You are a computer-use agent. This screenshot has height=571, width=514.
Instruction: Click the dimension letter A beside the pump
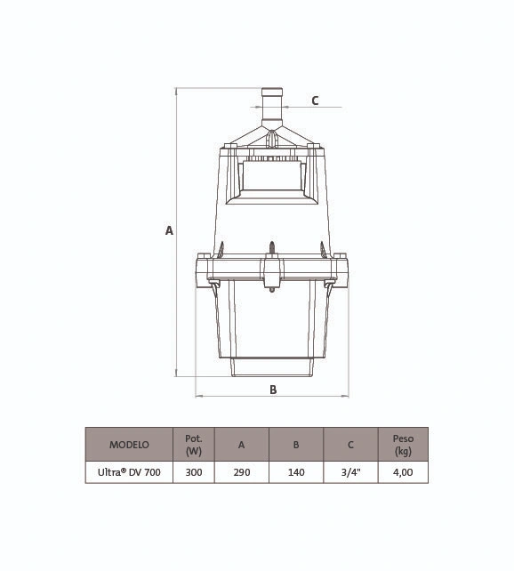[x=169, y=231]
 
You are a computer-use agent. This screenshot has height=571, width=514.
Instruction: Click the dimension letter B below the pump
[x=273, y=390]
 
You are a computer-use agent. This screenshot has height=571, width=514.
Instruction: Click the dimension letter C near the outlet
[x=315, y=101]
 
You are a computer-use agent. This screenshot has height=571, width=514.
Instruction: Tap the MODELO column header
[x=129, y=445]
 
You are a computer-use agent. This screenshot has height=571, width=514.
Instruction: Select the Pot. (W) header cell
[x=194, y=445]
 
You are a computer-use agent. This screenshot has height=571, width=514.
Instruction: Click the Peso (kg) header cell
[x=404, y=445]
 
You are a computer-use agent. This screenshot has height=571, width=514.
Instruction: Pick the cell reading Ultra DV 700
[x=129, y=472]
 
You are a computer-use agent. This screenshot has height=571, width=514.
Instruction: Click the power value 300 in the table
[x=194, y=472]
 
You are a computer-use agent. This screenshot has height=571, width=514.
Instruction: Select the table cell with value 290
[x=242, y=472]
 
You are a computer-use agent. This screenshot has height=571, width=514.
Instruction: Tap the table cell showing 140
[x=296, y=472]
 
